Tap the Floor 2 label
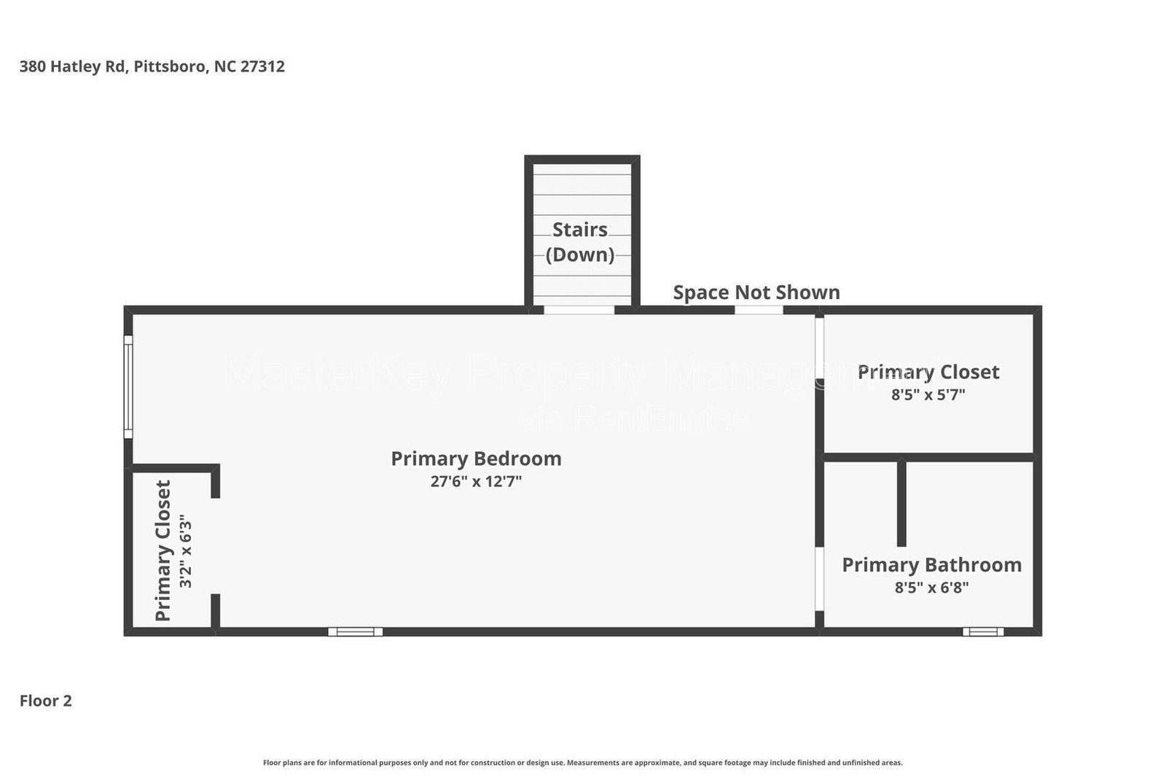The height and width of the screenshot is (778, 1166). pyautogui.click(x=45, y=701)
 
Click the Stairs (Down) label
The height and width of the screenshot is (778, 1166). pyautogui.click(x=580, y=241)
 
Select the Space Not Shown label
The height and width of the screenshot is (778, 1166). pyautogui.click(x=756, y=292)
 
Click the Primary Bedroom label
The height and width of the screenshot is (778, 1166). pyautogui.click(x=476, y=459)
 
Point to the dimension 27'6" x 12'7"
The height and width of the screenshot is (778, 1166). pyautogui.click(x=476, y=481)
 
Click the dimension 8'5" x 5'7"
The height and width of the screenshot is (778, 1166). pyautogui.click(x=928, y=394)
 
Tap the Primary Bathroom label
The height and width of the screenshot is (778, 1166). pyautogui.click(x=931, y=565)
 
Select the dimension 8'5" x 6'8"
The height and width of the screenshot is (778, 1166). pyautogui.click(x=931, y=588)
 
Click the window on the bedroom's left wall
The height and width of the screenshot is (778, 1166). pyautogui.click(x=128, y=386)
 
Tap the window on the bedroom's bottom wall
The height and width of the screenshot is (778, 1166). pyautogui.click(x=355, y=631)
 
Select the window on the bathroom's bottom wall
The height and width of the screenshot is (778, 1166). pyautogui.click(x=982, y=631)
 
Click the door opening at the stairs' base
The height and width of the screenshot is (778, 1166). pyautogui.click(x=579, y=310)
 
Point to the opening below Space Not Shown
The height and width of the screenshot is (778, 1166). pyautogui.click(x=758, y=310)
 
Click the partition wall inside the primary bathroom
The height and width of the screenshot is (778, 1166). pyautogui.click(x=901, y=503)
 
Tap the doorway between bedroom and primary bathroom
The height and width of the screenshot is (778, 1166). pyautogui.click(x=819, y=579)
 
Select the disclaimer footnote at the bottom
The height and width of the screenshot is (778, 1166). pyautogui.click(x=582, y=763)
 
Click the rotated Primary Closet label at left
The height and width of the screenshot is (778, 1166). pyautogui.click(x=163, y=551)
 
